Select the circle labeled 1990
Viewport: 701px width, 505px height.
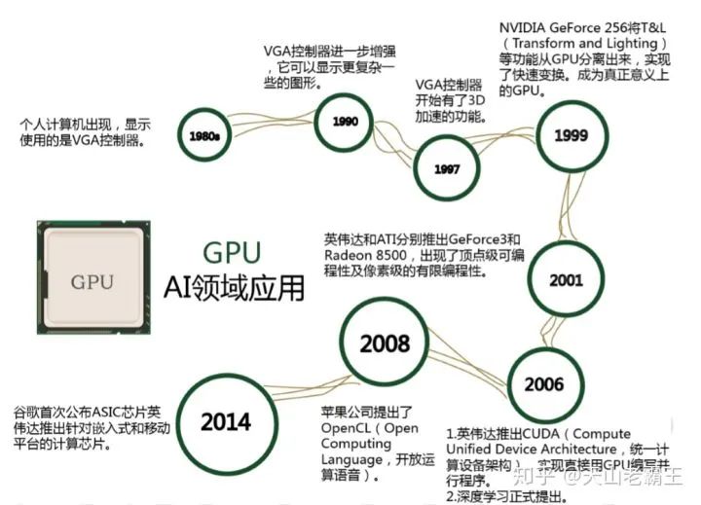(x=346, y=123)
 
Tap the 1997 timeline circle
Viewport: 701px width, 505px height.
(x=447, y=168)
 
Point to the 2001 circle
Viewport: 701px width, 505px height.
(x=566, y=278)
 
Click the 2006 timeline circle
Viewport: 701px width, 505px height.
(x=543, y=383)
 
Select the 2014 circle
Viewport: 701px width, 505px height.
(x=226, y=421)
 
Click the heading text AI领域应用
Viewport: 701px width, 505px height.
(x=233, y=289)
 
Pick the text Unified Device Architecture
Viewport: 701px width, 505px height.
(x=532, y=450)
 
